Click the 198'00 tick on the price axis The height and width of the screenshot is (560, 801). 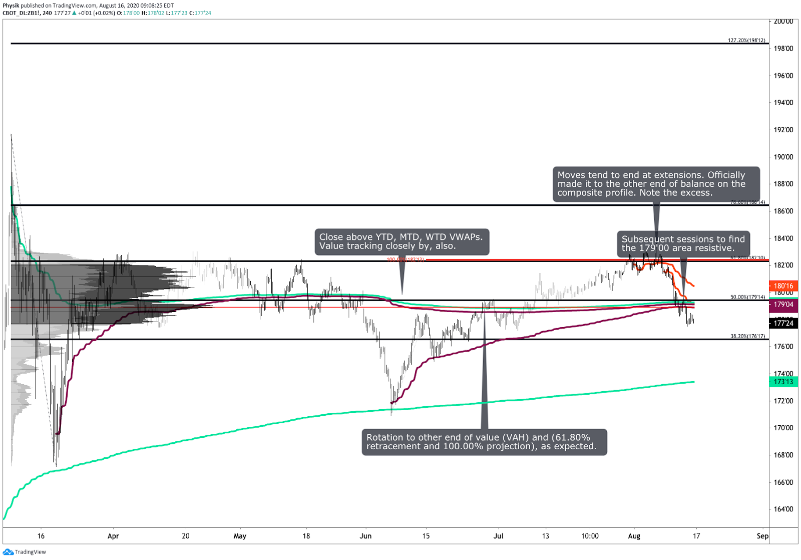click(783, 49)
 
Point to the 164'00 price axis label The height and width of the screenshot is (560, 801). click(783, 509)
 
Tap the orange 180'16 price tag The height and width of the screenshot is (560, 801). click(783, 286)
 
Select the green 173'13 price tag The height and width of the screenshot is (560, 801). click(783, 382)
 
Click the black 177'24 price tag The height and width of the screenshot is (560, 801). click(783, 324)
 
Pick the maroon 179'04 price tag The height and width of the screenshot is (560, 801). click(783, 305)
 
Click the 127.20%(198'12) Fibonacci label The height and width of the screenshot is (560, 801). click(746, 41)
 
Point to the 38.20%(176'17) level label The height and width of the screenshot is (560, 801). click(747, 336)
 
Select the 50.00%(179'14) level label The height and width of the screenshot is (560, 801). click(747, 297)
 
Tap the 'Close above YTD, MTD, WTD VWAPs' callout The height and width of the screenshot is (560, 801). click(402, 241)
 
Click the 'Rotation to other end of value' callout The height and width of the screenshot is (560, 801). click(484, 442)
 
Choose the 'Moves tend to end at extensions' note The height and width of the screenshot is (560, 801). click(656, 184)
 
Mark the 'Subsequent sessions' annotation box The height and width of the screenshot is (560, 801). click(683, 243)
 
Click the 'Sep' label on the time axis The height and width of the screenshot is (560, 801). click(762, 536)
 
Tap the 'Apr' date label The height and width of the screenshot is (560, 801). click(113, 536)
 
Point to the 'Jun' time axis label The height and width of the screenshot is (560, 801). click(365, 536)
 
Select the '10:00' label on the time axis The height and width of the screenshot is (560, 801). click(590, 536)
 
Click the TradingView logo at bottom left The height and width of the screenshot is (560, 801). click(25, 552)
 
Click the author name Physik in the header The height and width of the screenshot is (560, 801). click(11, 6)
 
